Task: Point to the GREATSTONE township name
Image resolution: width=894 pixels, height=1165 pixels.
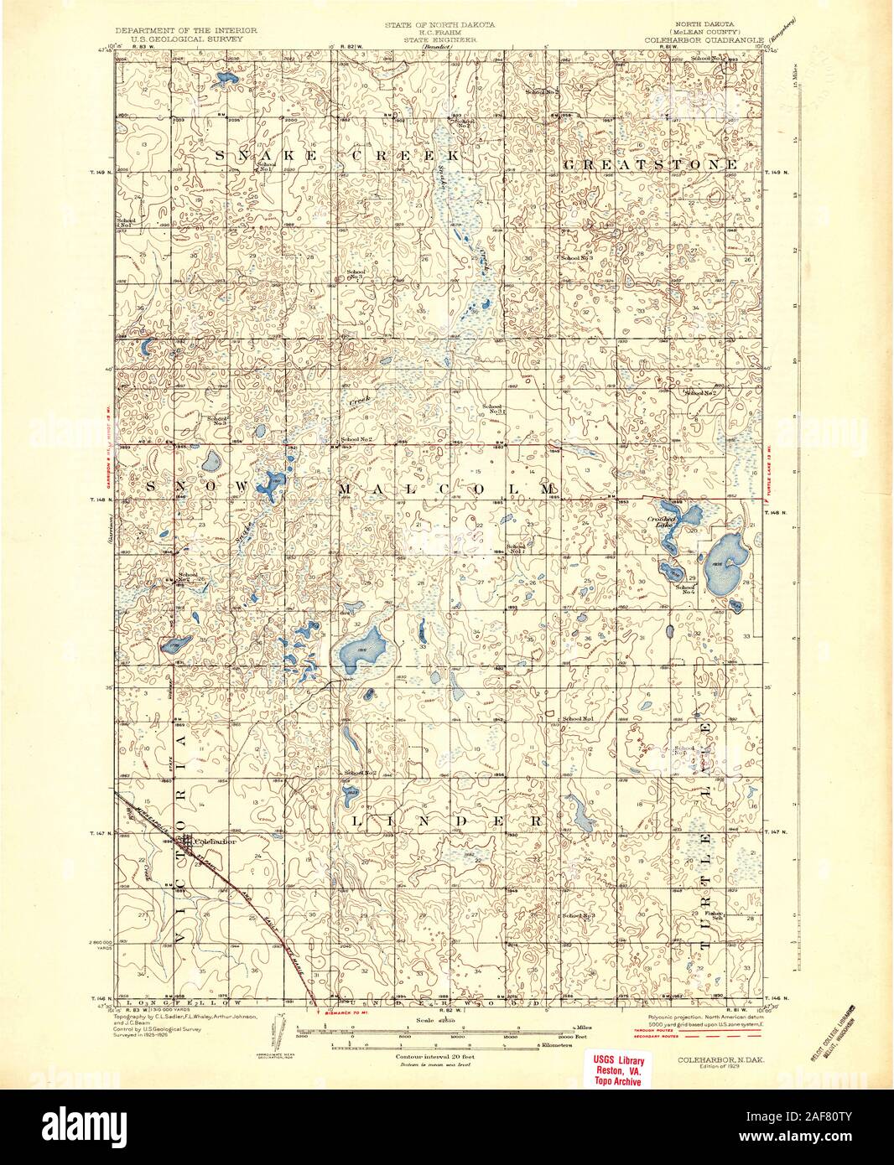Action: [650, 165]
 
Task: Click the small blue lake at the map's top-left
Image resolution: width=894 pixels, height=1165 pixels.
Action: [224, 80]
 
